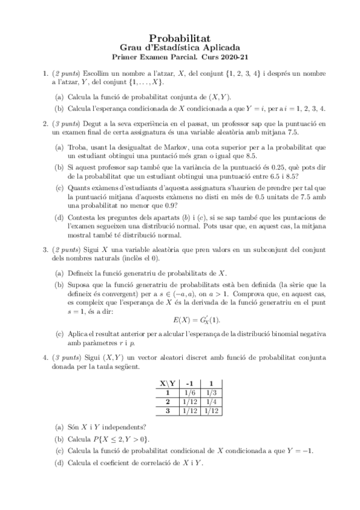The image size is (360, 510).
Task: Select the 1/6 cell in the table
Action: pyautogui.click(x=189, y=393)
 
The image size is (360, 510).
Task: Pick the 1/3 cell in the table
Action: pyautogui.click(x=211, y=393)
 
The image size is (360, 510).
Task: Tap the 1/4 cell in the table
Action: pyautogui.click(x=211, y=402)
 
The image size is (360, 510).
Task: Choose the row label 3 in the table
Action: pyautogui.click(x=168, y=411)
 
